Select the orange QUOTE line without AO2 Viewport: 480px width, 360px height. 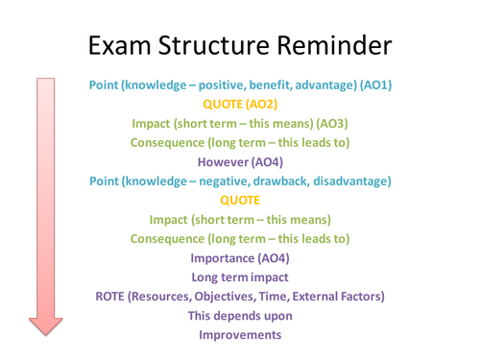240,200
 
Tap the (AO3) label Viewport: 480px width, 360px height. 326,123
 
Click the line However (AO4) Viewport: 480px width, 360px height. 240,161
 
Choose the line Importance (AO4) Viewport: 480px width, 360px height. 240,257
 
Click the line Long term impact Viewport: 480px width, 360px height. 240,276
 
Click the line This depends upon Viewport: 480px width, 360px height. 240,315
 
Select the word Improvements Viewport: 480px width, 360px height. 240,334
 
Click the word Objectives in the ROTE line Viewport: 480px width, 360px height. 237,296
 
